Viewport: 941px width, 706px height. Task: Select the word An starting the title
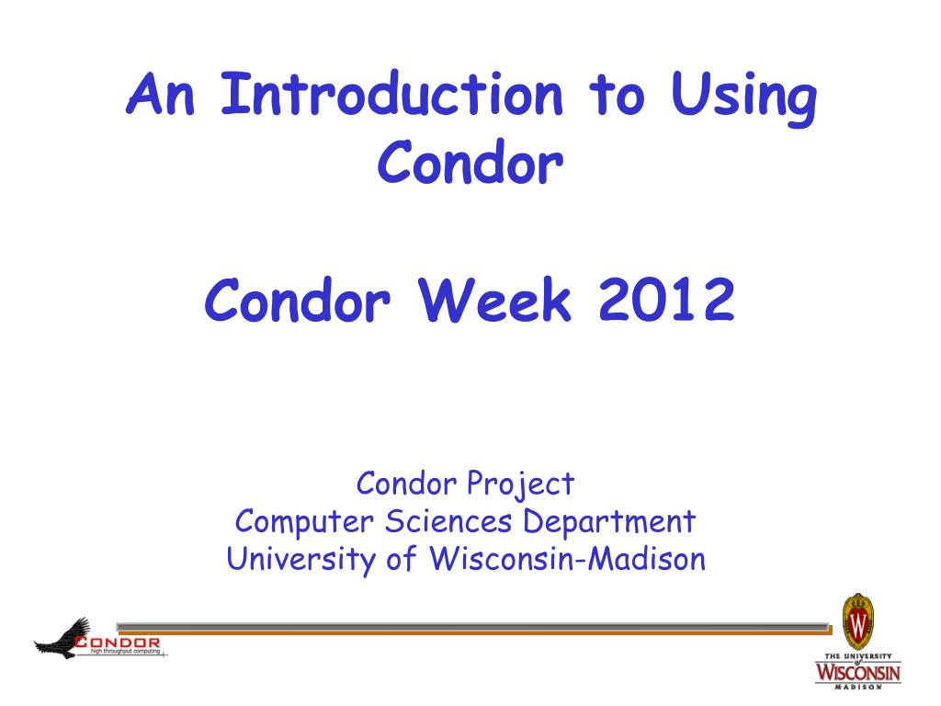coord(161,94)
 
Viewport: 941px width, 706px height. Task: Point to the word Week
coord(494,300)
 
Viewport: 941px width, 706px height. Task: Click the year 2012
coord(666,300)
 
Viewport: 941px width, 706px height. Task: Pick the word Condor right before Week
coord(298,300)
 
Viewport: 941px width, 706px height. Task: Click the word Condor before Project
coord(406,484)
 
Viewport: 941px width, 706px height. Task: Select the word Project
coord(520,485)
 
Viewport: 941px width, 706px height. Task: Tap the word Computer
coord(303,522)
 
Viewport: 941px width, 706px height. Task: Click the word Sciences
coord(448,521)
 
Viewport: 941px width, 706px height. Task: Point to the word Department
coord(609,522)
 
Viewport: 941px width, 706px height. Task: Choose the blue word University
coord(300,560)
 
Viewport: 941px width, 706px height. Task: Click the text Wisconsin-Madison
coord(568,558)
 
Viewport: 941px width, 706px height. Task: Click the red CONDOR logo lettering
coord(118,643)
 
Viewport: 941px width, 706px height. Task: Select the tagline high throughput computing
coord(125,652)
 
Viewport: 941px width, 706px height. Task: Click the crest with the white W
coord(857,622)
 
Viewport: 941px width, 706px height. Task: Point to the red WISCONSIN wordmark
coord(857,671)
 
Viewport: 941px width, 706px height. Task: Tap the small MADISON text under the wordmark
coord(858,686)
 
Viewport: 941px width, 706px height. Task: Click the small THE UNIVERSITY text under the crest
coord(858,656)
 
